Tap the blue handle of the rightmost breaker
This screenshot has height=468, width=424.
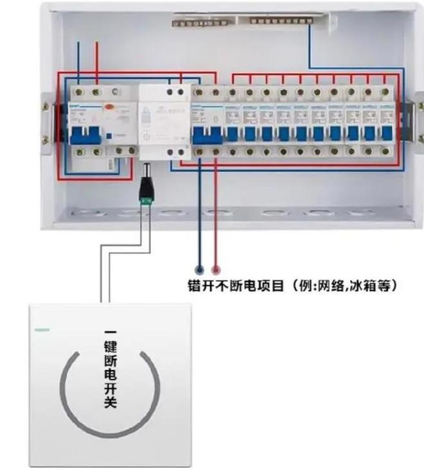(386, 133)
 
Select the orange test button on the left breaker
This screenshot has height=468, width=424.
(110, 108)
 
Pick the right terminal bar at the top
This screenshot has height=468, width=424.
(283, 21)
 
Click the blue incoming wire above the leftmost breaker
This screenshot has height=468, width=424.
(79, 61)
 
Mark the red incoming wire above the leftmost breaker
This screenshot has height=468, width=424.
(96, 61)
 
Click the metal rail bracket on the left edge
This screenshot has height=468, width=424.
(46, 119)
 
